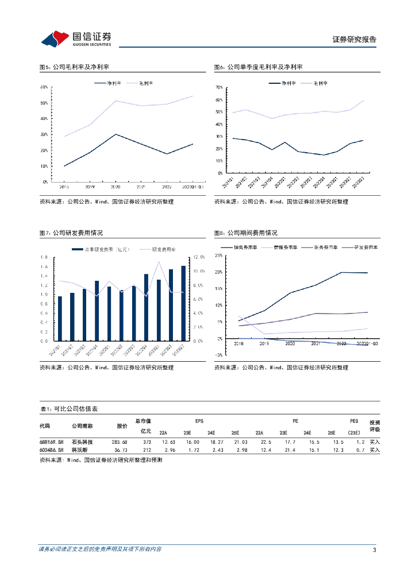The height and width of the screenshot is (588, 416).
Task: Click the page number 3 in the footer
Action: (x=374, y=550)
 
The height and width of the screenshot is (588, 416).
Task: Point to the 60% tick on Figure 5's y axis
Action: (x=44, y=87)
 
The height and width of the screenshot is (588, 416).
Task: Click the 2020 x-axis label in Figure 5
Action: (x=116, y=187)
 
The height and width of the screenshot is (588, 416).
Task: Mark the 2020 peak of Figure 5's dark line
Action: (x=116, y=134)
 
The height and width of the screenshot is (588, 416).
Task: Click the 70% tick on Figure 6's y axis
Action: (x=219, y=87)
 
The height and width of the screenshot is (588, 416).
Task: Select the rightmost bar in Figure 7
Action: (x=183, y=303)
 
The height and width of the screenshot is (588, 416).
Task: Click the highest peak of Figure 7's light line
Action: (x=159, y=262)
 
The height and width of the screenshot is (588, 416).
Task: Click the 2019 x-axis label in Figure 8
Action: (x=264, y=343)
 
